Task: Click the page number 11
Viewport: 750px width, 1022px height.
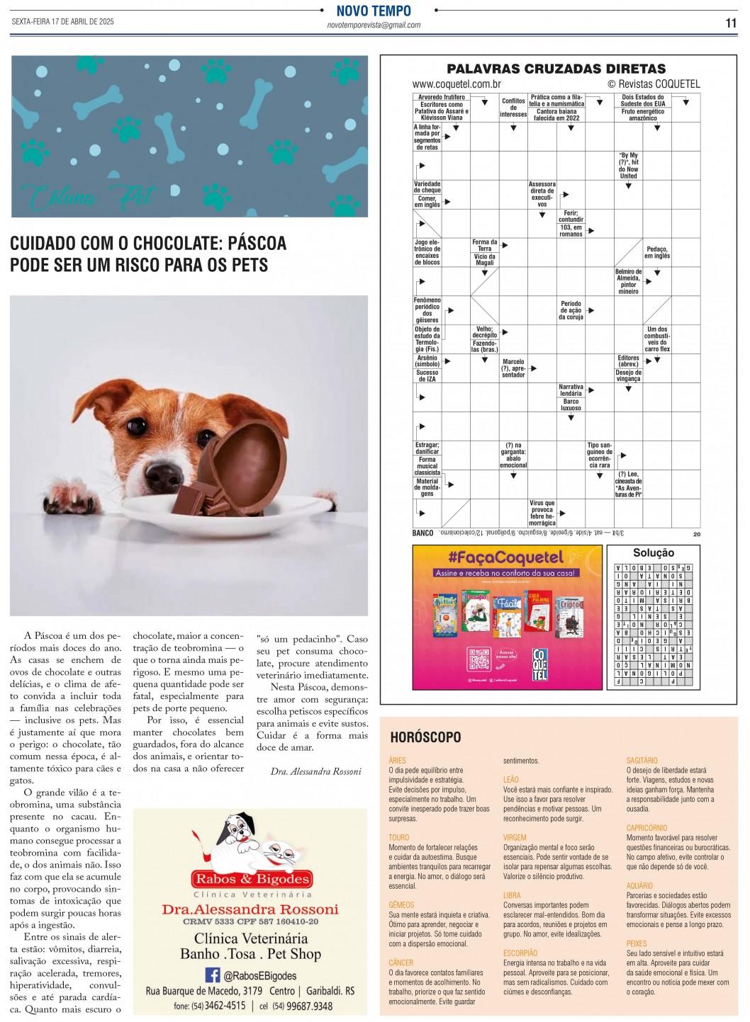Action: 731,23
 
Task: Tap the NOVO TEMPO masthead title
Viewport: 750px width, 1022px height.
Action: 374,11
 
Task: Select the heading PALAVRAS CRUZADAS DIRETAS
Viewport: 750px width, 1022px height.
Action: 556,69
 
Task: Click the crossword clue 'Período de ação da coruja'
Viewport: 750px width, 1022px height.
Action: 571,310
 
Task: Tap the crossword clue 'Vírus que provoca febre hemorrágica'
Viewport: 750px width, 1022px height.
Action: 542,513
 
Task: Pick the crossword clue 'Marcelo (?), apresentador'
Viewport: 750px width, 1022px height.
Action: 513,368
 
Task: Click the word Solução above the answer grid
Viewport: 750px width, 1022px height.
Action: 653,553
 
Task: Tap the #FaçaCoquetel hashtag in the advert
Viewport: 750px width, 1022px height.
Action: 505,557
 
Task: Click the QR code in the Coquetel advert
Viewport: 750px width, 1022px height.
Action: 479,659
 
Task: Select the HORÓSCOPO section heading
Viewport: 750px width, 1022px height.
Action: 425,737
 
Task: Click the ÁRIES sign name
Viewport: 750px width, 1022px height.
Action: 397,761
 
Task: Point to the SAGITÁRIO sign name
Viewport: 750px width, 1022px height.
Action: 642,761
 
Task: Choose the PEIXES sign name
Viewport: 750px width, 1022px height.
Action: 637,943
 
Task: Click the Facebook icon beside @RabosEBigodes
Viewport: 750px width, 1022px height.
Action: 212,975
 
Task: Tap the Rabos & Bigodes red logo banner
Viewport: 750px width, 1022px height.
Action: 252,879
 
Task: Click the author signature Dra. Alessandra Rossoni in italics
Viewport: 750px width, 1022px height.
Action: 315,771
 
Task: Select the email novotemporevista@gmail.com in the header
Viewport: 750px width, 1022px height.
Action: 374,25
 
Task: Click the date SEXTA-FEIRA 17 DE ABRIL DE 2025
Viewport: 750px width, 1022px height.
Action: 62,21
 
